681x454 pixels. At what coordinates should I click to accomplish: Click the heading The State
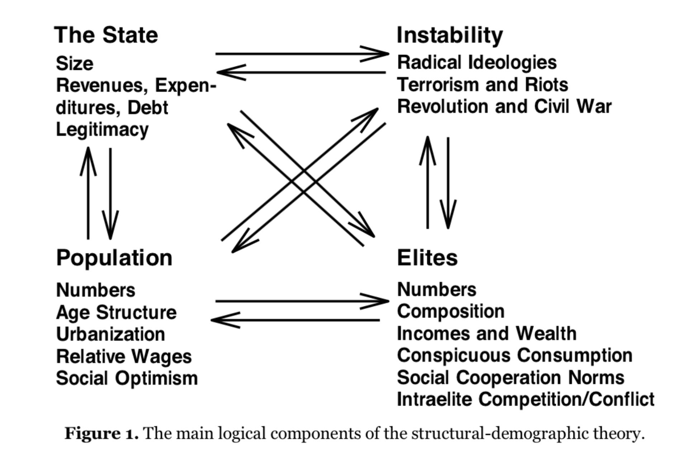(106, 35)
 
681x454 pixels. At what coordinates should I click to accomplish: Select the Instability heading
(450, 35)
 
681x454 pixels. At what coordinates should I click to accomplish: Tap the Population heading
(114, 258)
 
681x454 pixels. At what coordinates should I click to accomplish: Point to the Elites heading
(427, 258)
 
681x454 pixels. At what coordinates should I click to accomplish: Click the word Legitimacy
(102, 129)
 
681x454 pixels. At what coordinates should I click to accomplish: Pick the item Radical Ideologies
(477, 62)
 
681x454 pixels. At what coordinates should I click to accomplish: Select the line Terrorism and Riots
(483, 85)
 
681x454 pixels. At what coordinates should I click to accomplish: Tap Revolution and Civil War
(504, 107)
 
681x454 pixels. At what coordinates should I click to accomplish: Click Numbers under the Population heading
(96, 290)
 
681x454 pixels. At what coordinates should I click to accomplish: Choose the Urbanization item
(110, 334)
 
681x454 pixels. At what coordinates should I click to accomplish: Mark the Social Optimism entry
(127, 378)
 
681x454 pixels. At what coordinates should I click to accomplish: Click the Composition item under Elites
(451, 311)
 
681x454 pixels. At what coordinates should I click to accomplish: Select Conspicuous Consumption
(515, 355)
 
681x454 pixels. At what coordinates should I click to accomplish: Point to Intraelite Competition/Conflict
(526, 399)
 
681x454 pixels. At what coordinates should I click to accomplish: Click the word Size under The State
(75, 63)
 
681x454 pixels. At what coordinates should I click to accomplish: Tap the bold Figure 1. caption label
(101, 434)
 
